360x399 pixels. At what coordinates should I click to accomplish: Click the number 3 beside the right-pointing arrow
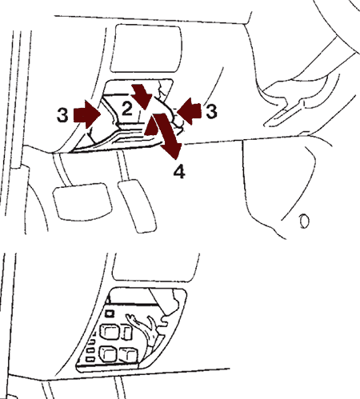click(x=62, y=115)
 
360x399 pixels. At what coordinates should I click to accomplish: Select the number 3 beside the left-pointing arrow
click(x=211, y=111)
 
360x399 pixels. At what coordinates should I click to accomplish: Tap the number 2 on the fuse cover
click(x=127, y=109)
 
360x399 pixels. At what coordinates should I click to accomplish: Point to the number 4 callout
click(x=179, y=171)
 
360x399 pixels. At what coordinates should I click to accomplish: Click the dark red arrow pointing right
click(x=87, y=114)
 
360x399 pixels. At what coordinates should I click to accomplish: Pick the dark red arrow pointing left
click(x=189, y=110)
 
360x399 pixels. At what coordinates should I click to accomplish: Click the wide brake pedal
click(x=82, y=201)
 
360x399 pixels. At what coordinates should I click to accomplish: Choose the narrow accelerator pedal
click(x=137, y=206)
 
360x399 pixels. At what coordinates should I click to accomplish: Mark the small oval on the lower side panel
click(x=304, y=221)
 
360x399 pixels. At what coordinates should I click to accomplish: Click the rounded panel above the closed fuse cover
click(x=146, y=48)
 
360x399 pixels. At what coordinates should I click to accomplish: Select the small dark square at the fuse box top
click(x=110, y=313)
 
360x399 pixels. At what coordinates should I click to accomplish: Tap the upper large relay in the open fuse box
click(x=110, y=332)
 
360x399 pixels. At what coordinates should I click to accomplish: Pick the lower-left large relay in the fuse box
click(x=108, y=353)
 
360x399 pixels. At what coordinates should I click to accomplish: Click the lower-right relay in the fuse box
click(x=129, y=355)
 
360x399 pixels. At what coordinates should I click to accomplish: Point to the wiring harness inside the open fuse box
click(x=146, y=329)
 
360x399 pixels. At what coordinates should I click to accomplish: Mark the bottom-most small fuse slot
click(x=90, y=360)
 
